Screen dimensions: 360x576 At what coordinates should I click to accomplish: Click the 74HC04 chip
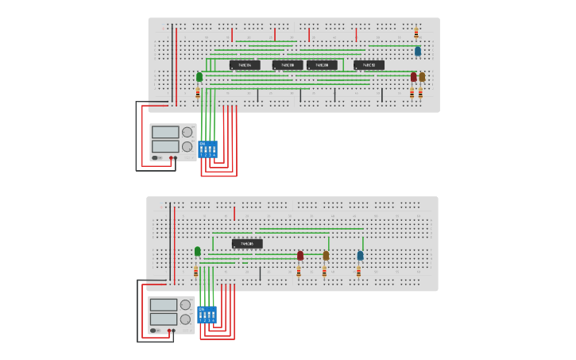click(x=245, y=65)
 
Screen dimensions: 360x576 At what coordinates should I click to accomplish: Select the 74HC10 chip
click(x=369, y=65)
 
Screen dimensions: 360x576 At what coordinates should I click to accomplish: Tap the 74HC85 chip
click(x=247, y=244)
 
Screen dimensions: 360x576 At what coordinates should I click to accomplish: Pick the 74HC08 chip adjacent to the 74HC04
click(x=288, y=65)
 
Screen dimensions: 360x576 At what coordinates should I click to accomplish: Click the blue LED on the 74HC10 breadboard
click(x=418, y=51)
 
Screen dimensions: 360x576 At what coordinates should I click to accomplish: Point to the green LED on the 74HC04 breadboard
click(x=199, y=77)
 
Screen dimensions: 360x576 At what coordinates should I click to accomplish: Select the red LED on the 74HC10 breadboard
click(x=413, y=77)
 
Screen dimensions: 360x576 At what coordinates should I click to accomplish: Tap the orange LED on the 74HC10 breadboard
click(x=422, y=77)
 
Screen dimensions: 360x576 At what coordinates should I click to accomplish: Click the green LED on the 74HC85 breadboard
click(x=198, y=251)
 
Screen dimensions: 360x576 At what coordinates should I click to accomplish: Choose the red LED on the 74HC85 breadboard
click(x=300, y=256)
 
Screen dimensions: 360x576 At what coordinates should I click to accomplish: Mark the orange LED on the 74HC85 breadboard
click(x=326, y=256)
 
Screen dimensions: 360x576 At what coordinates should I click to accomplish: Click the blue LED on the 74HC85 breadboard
click(x=360, y=256)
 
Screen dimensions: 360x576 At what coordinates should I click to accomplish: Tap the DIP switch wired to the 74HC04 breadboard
click(x=207, y=149)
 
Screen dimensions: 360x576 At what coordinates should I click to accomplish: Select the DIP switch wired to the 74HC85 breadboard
click(x=207, y=315)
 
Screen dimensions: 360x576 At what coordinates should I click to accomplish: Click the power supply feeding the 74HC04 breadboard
click(x=172, y=142)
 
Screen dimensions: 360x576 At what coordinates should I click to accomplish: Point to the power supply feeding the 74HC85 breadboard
click(x=171, y=315)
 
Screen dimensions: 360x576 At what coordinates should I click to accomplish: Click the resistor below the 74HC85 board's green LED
click(x=196, y=271)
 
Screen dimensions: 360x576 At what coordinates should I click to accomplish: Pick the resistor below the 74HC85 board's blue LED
click(x=358, y=273)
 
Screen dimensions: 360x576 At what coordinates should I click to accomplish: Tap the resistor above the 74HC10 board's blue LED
click(x=416, y=33)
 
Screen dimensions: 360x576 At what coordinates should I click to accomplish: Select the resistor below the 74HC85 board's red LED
click(x=299, y=273)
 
